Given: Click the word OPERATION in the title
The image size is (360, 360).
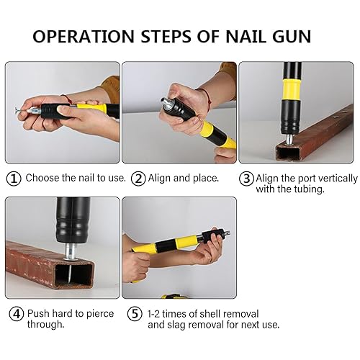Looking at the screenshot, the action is tap(84, 37).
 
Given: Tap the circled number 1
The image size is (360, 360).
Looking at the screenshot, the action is tap(14, 179).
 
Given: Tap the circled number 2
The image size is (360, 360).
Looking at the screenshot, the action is tap(138, 179).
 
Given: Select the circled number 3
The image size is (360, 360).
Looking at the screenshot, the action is tap(246, 179).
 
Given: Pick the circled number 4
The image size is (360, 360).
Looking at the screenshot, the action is tap(17, 314).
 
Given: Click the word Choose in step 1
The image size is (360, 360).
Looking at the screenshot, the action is tap(42, 178).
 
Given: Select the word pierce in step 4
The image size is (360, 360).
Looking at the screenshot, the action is tap(100, 314).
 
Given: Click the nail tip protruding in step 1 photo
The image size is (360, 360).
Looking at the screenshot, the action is tap(17, 111).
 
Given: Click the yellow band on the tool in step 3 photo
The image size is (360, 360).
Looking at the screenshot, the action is tap(292, 89).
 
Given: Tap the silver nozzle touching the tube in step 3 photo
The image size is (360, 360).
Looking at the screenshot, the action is tap(290, 140).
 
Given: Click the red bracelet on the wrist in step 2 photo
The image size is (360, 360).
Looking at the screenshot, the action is tap(207, 97).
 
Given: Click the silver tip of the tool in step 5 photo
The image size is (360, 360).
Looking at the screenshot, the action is tap(226, 233).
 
